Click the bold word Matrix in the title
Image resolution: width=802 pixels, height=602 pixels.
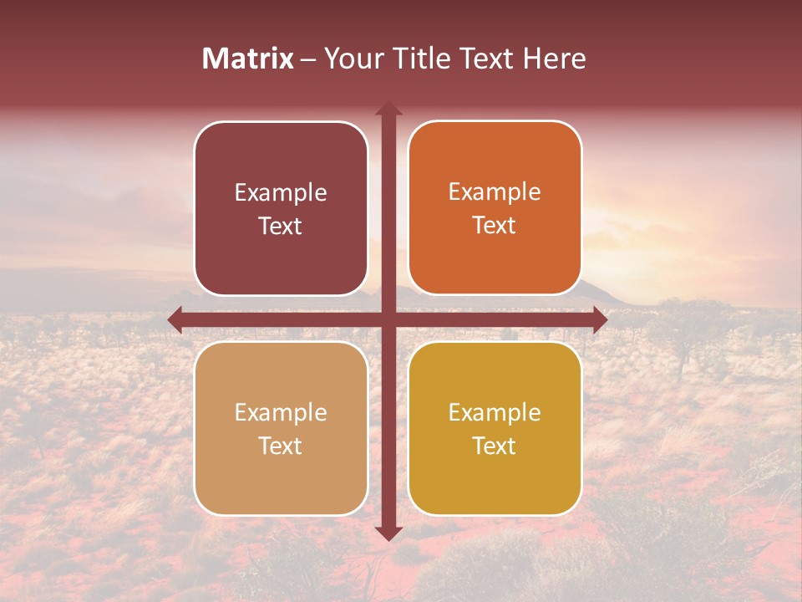pos(248,59)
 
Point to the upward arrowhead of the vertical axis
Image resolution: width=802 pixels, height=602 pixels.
pos(388,110)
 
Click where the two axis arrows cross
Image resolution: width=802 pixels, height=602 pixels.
pos(388,319)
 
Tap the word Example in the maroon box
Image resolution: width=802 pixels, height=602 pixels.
pos(281,193)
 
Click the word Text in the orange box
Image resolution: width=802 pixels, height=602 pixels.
pos(495,226)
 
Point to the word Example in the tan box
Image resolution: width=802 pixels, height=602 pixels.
pos(281,413)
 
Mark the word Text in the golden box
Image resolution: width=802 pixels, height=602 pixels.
pos(495,446)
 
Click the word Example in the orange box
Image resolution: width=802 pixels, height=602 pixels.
pos(495,192)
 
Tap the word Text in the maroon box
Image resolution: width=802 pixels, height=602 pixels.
pos(281,227)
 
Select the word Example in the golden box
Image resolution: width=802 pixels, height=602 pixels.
pos(495,413)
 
